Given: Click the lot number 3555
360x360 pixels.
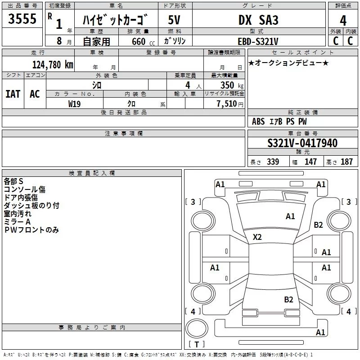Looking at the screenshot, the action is (x=22, y=18).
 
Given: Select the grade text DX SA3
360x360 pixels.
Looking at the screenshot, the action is (x=258, y=20).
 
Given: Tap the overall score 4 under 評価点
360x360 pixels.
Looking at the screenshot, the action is (x=343, y=21).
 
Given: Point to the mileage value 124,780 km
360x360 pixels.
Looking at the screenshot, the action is (x=53, y=65).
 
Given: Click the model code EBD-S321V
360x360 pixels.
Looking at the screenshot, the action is (x=258, y=41).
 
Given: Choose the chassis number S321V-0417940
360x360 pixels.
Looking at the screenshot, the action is (x=302, y=143).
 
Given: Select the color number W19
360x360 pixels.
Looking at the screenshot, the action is (x=74, y=104).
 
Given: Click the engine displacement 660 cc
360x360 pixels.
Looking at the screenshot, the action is (x=143, y=41).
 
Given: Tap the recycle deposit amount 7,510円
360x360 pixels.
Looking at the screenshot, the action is (x=230, y=104).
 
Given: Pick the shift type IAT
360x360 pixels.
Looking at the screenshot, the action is (x=13, y=94).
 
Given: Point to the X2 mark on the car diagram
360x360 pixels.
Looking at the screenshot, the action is (x=257, y=237).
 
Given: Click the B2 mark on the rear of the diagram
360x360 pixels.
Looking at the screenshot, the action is (x=288, y=300).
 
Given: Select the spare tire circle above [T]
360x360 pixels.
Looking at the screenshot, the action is (x=197, y=328).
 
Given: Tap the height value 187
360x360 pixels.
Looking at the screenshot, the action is (x=346, y=162).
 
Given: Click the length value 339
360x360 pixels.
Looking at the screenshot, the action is (x=273, y=162).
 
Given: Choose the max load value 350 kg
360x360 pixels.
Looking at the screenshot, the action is (x=232, y=85).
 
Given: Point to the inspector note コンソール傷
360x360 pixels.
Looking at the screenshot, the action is (x=25, y=189).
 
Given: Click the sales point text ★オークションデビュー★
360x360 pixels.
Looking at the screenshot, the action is (x=288, y=63).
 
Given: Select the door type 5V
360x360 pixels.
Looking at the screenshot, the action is (x=174, y=20).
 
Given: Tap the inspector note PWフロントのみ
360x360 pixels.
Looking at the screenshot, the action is (x=31, y=230).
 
